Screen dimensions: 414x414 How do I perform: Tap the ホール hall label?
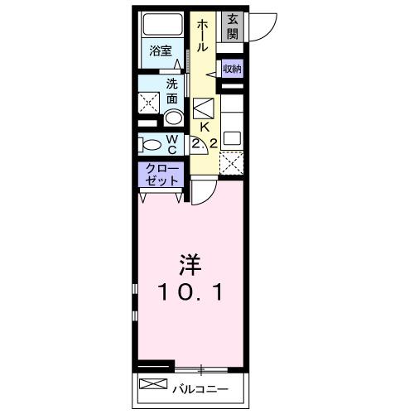click(x=201, y=37)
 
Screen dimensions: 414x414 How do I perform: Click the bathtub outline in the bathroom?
click(x=161, y=25)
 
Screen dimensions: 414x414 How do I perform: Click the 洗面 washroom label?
click(x=172, y=90)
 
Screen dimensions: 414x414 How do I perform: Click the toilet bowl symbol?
click(x=151, y=143)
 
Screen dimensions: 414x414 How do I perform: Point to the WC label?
click(x=172, y=144)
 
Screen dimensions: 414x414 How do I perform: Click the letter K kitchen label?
click(x=204, y=127)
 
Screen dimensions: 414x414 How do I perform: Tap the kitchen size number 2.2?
click(x=204, y=144)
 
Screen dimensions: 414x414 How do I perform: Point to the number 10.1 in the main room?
click(x=190, y=292)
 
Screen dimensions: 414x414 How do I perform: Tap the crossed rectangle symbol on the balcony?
click(x=153, y=384)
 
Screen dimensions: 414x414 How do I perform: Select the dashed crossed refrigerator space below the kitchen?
click(x=231, y=163)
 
